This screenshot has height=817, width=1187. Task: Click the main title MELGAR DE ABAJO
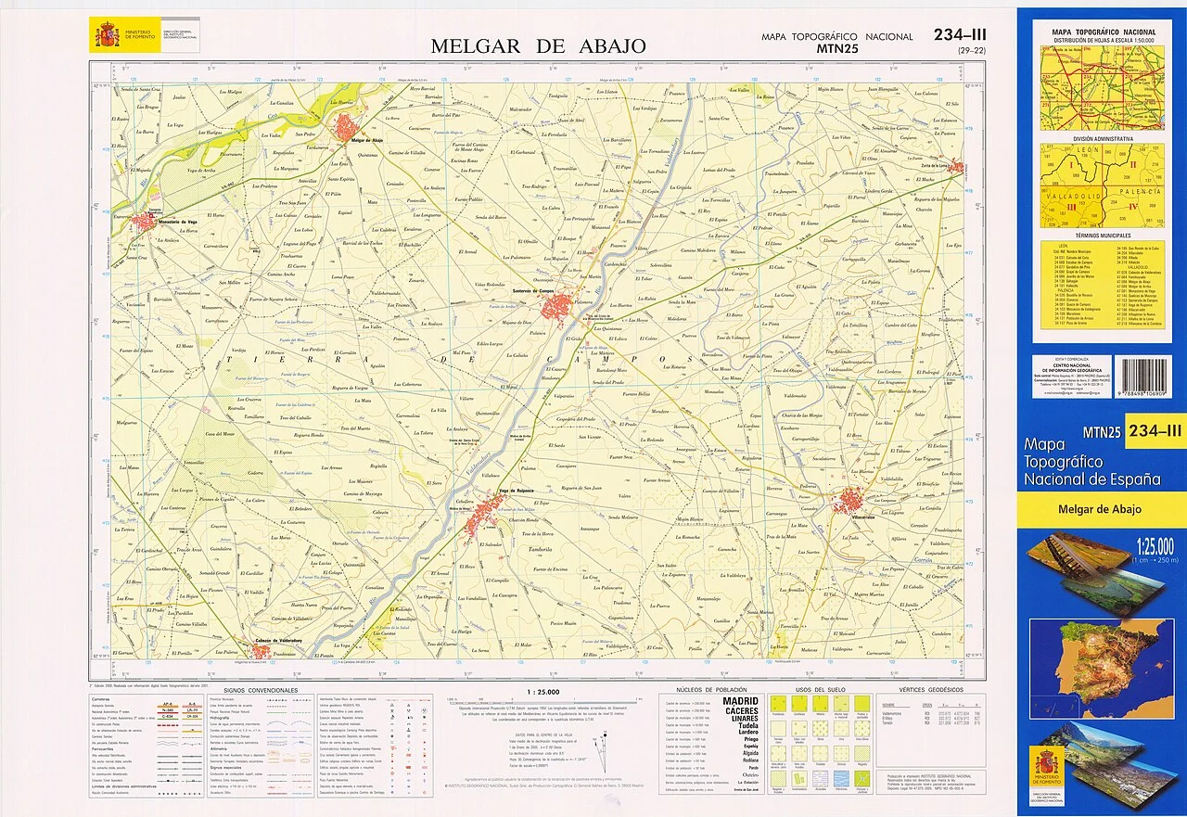click(538, 45)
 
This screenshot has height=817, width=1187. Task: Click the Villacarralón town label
click(852, 515)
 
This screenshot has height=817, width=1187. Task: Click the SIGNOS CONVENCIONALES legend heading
click(260, 691)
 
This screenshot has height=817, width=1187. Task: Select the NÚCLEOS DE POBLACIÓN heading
click(711, 691)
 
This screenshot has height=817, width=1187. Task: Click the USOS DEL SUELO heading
click(816, 691)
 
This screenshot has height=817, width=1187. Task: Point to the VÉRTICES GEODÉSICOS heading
click(931, 691)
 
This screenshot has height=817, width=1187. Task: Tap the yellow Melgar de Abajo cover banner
click(1099, 509)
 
